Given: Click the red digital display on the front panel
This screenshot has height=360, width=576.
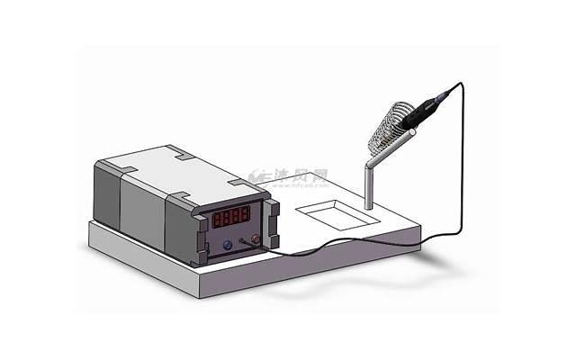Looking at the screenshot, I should (x=231, y=217).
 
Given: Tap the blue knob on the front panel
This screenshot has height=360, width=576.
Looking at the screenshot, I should (x=226, y=244).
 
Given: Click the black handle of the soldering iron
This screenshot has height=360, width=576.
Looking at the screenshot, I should (x=422, y=113).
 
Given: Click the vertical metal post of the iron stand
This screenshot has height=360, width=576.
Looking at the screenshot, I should (x=368, y=184).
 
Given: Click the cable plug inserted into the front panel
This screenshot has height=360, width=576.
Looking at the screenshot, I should (x=243, y=242).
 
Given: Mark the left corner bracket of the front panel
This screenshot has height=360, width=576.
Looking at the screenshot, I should (x=199, y=236).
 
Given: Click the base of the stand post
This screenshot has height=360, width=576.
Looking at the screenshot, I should (x=368, y=209).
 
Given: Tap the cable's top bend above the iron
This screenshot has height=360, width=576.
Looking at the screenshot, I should (x=463, y=84).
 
